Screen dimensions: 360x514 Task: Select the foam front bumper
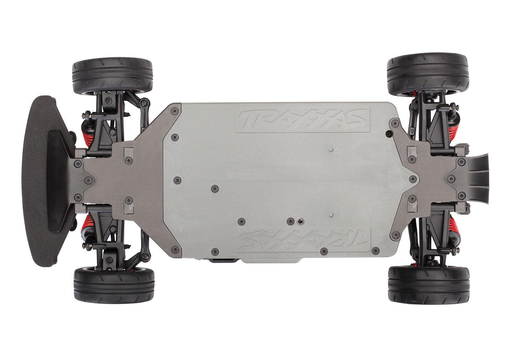tap(36, 180)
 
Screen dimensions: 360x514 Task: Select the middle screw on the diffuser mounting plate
tap(452, 178)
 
